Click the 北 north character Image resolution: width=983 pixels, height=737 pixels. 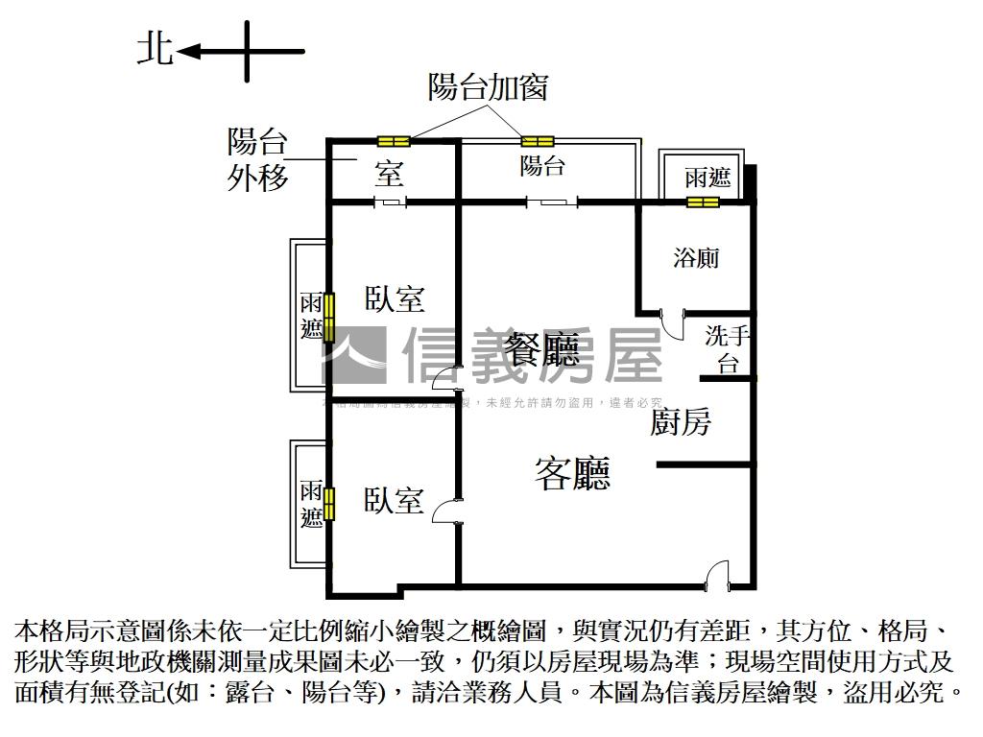(x=156, y=50)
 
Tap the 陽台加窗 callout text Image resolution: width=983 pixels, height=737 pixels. (x=488, y=87)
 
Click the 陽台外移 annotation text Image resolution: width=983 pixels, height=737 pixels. (x=257, y=159)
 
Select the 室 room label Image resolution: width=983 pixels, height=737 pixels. (x=388, y=174)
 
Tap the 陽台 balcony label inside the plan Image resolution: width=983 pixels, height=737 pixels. (x=542, y=166)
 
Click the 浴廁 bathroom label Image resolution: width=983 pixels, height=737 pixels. (x=696, y=257)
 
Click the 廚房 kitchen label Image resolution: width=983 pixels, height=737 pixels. (x=681, y=421)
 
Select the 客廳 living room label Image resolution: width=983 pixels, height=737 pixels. (x=573, y=474)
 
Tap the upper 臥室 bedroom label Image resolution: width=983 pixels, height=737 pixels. (x=395, y=298)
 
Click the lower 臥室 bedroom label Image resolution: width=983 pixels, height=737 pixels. (x=394, y=500)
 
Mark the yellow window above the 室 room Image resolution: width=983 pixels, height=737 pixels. (x=394, y=142)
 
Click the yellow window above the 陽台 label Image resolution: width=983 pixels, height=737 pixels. (x=538, y=142)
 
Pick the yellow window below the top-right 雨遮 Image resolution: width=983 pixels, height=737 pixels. (x=703, y=202)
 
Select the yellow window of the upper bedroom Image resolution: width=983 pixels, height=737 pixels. (x=329, y=318)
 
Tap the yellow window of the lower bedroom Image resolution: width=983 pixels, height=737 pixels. (x=329, y=504)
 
